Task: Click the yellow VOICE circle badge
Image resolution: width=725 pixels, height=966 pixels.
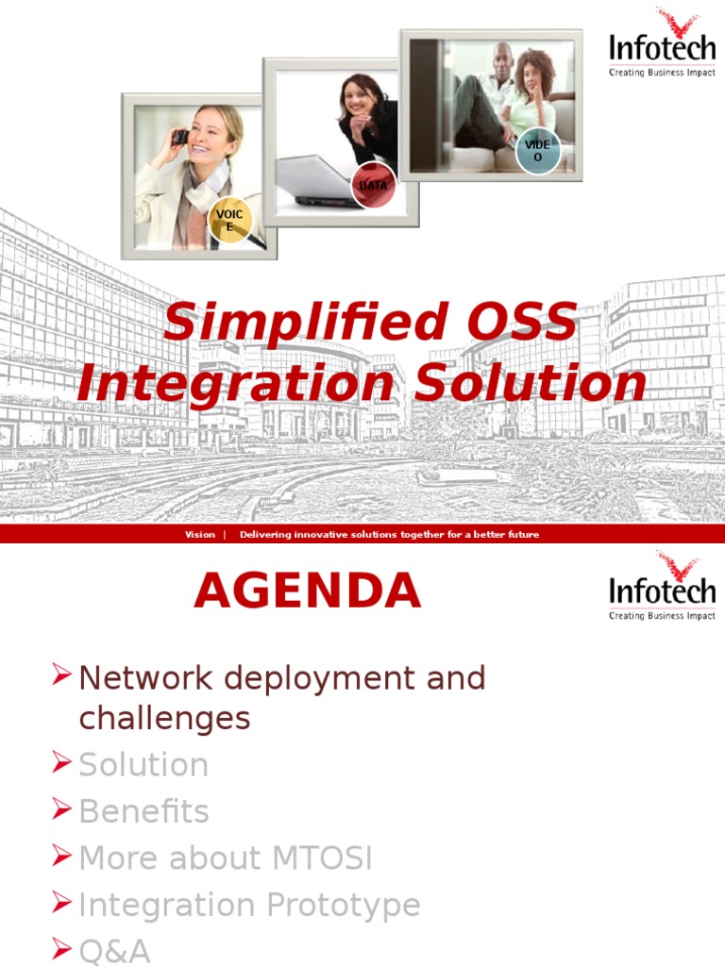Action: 229,220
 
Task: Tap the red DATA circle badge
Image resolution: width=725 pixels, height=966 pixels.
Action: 373,184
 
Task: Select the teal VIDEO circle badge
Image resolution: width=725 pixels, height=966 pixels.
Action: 537,150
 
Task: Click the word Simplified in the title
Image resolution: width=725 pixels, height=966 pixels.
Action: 305,323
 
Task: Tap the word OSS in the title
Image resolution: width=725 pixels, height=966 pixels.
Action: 522,321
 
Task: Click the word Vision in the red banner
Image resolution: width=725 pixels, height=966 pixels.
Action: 200,534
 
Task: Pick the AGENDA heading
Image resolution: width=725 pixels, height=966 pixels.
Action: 307,591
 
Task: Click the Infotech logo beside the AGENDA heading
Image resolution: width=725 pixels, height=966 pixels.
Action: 662,586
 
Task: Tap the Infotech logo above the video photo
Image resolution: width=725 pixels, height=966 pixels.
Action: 662,42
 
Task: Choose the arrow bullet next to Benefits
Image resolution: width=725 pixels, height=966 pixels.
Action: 61,808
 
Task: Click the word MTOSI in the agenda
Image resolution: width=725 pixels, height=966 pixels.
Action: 321,858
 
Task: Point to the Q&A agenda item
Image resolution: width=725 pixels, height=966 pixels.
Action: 114,951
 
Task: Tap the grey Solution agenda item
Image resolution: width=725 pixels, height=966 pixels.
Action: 143,764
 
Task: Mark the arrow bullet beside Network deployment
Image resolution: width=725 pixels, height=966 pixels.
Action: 61,674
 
